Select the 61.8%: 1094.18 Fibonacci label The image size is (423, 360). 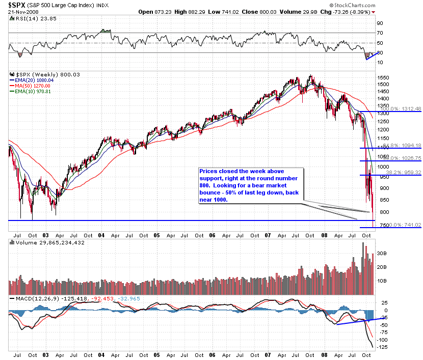(403, 146)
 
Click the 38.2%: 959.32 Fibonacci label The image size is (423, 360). (403, 173)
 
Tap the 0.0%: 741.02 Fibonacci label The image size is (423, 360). (403, 225)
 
